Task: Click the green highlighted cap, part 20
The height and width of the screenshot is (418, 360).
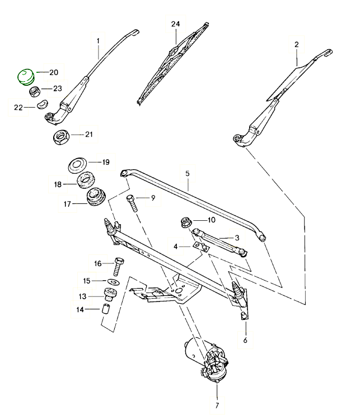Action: [25, 76]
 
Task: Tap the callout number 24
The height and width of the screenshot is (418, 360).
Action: [176, 24]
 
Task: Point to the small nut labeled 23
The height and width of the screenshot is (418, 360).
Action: [34, 91]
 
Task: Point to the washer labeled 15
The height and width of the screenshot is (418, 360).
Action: [113, 281]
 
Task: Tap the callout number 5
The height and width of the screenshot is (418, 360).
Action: [188, 174]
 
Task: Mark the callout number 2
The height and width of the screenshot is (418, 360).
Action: [296, 44]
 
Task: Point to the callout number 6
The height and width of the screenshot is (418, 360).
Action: [245, 340]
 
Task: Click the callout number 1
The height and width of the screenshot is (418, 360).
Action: [98, 40]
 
